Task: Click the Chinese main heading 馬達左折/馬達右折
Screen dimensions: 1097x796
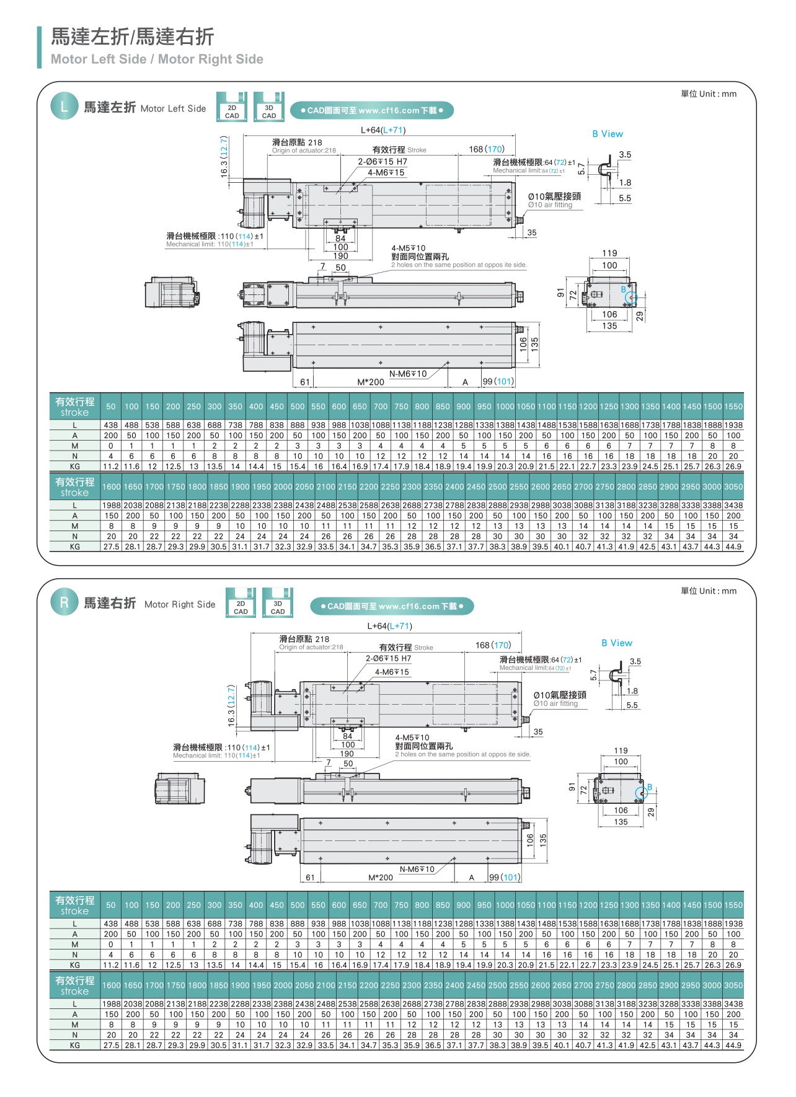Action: [x=132, y=37]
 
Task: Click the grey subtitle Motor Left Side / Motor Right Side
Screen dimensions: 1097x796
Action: [x=157, y=59]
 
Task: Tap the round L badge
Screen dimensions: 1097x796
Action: [x=64, y=107]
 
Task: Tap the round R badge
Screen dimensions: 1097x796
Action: [x=64, y=602]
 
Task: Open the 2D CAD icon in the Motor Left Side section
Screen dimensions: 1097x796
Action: [x=232, y=108]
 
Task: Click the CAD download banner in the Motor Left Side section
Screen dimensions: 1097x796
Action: [x=372, y=111]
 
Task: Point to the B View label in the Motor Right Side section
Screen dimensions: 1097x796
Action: [x=617, y=643]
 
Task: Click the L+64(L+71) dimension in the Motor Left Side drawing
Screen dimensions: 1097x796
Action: [x=383, y=130]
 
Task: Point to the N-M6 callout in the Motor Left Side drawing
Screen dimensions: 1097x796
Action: [x=408, y=374]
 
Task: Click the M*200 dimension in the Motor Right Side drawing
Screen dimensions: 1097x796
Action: [x=381, y=878]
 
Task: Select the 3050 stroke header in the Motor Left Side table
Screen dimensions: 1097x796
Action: [x=733, y=487]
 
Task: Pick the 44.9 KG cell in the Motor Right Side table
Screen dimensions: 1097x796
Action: [x=733, y=1045]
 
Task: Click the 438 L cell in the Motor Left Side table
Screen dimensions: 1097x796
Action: [x=111, y=425]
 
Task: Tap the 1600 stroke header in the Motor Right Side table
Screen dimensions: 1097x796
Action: [x=112, y=985]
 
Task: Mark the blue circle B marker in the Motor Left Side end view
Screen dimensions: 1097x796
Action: [x=630, y=298]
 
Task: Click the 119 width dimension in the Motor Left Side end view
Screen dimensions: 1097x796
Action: [x=610, y=253]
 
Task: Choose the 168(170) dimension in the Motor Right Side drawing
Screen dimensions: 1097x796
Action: [x=493, y=645]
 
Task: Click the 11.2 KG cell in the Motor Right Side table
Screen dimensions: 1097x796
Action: [x=111, y=965]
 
